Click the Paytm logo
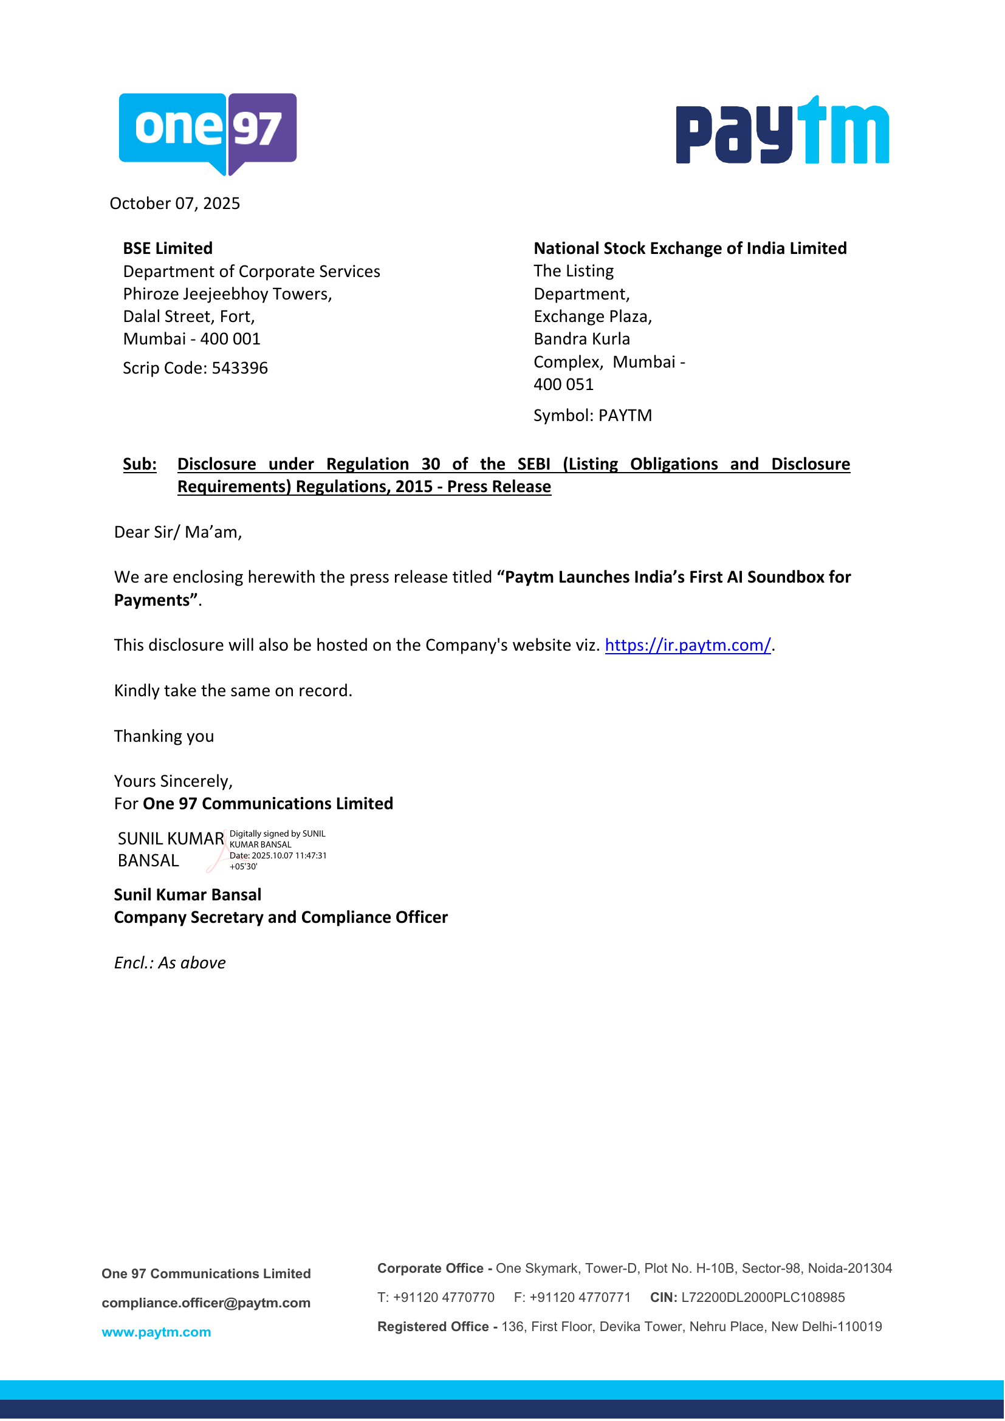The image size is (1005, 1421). coord(782,131)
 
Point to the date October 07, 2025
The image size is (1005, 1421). coord(174,204)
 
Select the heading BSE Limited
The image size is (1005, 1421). coord(168,248)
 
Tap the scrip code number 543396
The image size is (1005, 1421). coord(239,368)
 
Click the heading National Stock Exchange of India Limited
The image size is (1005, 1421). coord(690,248)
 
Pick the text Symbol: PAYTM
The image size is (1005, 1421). coord(593,416)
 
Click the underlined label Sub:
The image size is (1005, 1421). coord(140,464)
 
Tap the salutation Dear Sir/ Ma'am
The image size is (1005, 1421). coord(177,532)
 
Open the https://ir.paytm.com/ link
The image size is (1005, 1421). coord(688,646)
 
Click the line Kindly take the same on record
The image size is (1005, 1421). coord(233,691)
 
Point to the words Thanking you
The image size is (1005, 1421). coord(164,736)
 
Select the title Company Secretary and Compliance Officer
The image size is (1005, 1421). coord(281,918)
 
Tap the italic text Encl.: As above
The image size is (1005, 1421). coord(170,963)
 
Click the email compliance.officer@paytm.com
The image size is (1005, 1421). coord(206,1303)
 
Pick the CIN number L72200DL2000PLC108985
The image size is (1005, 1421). coord(763,1298)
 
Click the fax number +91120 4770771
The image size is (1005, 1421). coord(580,1298)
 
